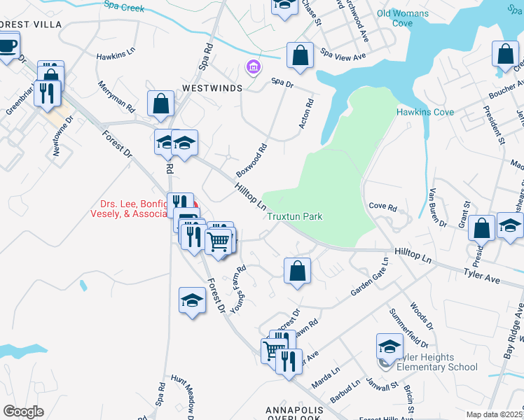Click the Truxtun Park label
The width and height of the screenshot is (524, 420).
[294, 217]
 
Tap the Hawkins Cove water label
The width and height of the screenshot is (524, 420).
[425, 112]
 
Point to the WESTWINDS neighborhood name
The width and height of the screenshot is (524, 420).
[212, 89]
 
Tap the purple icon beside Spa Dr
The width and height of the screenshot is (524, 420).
[252, 68]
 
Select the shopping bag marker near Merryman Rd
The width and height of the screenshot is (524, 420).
[161, 104]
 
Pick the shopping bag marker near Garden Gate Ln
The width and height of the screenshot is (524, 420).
[297, 270]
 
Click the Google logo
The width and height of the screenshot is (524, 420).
[23, 411]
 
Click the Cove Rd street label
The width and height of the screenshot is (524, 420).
[382, 208]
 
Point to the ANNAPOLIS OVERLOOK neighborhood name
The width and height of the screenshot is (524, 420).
[294, 410]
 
